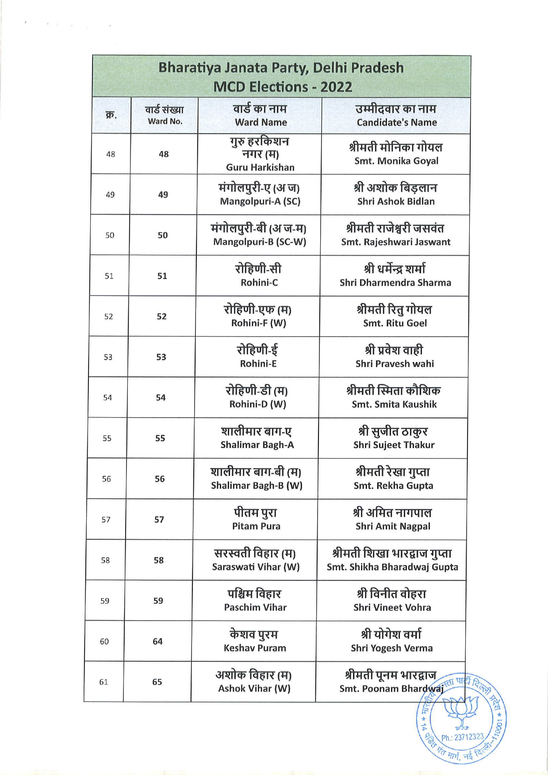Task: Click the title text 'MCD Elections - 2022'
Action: [x=283, y=87]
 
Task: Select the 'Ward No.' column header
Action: [x=165, y=122]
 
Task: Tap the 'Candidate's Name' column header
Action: [x=397, y=123]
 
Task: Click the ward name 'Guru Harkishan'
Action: [x=260, y=167]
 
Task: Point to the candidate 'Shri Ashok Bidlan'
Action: [x=396, y=201]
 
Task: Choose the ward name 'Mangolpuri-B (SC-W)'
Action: [x=260, y=242]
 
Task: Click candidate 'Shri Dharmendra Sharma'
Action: [x=395, y=283]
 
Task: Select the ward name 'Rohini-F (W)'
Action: [x=259, y=323]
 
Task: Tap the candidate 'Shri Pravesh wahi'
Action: [x=395, y=364]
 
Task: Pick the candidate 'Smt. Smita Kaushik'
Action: [x=394, y=404]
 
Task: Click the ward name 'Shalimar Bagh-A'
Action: [x=257, y=445]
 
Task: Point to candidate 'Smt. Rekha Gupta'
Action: [x=393, y=486]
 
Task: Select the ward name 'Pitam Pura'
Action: [x=256, y=526]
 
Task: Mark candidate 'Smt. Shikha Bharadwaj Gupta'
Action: [x=392, y=567]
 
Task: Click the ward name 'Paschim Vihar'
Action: [x=255, y=607]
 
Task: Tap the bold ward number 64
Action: [x=157, y=641]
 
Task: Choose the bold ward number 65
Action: [x=157, y=682]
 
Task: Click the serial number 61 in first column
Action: [x=103, y=682]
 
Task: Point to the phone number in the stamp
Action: [x=463, y=737]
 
